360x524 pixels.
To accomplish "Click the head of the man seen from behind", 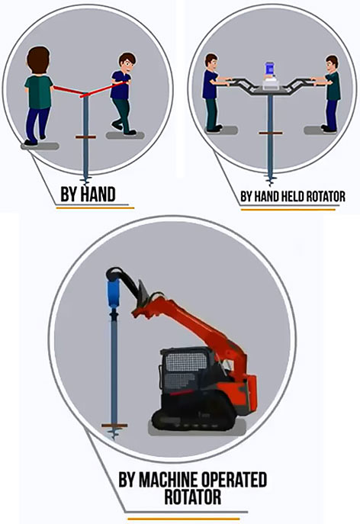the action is pos(38,60).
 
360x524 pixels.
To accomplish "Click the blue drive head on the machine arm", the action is pos(113,294).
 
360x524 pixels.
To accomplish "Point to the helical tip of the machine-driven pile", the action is pos(114,433).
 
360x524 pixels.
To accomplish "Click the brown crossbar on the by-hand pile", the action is pos(85,137).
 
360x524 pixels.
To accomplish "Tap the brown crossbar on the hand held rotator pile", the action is pos(271,133).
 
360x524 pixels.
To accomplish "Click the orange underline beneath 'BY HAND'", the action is pos(95,208).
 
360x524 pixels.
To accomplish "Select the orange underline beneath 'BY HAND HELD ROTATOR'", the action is pos(288,210).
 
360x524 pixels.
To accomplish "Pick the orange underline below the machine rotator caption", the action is pos(184,519).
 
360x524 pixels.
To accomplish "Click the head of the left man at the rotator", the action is pos(211,62).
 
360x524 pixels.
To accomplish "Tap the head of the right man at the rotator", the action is pos(332,64).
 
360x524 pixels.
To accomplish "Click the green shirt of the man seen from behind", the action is pos(39,92).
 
